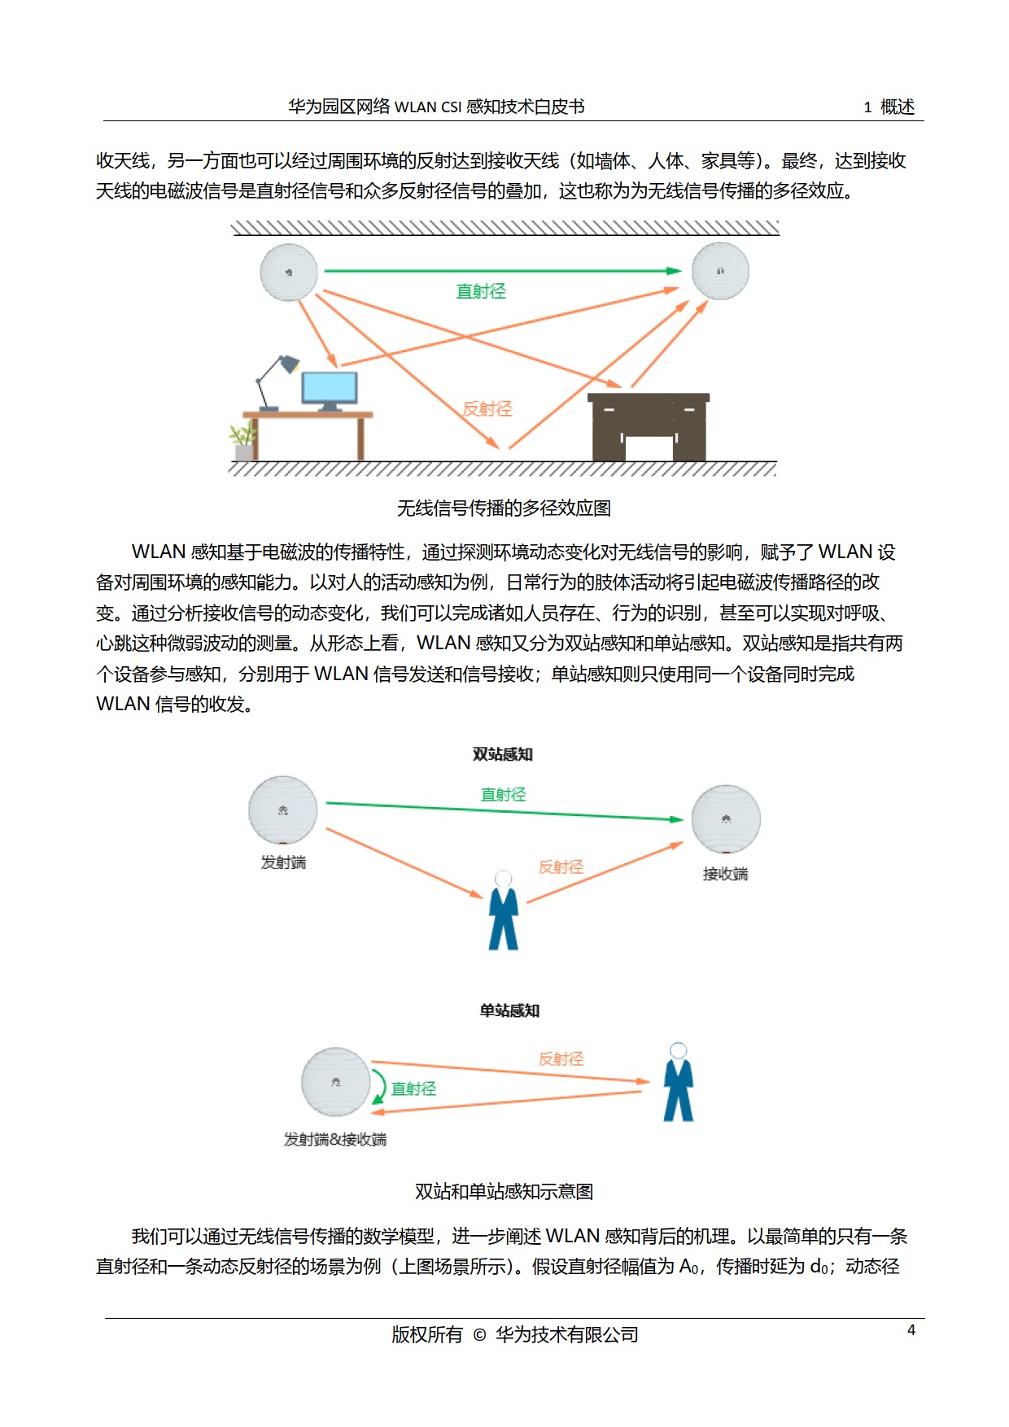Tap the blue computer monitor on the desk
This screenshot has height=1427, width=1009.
[329, 388]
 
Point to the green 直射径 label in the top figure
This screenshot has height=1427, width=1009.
[481, 291]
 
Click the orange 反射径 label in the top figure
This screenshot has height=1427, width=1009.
[487, 408]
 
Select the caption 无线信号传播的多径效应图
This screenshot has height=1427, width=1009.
[504, 508]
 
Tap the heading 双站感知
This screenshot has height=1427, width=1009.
[503, 754]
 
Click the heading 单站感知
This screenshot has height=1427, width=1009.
[509, 1010]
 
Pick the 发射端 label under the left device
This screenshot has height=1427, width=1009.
[283, 862]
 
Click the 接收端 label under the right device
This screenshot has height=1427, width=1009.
[725, 874]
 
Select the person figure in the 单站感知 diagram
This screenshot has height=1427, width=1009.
[678, 1083]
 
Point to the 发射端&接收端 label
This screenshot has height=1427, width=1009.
[335, 1139]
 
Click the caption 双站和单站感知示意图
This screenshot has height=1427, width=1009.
[504, 1192]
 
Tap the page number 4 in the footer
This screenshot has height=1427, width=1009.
[911, 1329]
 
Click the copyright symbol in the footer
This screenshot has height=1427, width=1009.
[479, 1335]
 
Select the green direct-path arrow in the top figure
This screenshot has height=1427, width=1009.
[502, 270]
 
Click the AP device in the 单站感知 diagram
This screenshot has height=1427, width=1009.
[336, 1082]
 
